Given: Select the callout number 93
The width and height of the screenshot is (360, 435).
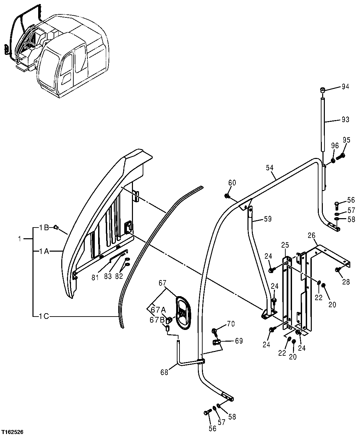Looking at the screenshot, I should (345, 119).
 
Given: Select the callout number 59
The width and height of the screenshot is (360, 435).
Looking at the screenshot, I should (267, 219).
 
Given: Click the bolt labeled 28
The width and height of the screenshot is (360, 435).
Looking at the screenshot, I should (338, 270).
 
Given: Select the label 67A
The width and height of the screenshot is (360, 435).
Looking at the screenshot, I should (156, 310).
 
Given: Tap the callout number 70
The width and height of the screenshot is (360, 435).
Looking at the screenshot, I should (230, 324).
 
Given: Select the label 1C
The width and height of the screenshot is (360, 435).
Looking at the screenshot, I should (44, 316).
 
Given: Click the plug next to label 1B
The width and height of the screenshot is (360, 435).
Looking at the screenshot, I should (56, 228).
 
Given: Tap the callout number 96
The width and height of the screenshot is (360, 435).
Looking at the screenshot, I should (335, 146).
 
